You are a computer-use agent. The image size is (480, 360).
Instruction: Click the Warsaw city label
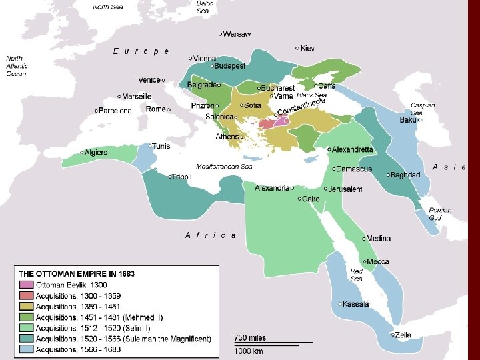pos(237,34)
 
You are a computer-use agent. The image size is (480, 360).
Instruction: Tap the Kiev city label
pos(307,48)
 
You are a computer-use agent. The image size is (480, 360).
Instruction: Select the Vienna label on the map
pos(205,59)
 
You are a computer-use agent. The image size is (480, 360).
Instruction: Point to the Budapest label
pos(229,66)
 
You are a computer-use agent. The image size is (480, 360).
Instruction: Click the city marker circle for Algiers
pos(82,153)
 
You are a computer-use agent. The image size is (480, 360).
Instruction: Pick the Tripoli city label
pos(182,177)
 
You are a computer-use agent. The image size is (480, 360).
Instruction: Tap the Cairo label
pos(311,199)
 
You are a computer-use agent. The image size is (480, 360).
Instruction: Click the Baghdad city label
pos(406,175)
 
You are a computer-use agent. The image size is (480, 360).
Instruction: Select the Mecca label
pos(378,261)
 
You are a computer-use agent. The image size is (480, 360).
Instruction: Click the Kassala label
pos(355,305)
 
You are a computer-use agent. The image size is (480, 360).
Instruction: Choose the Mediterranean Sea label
pos(224,165)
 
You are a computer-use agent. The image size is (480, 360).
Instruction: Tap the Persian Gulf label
pos(440,213)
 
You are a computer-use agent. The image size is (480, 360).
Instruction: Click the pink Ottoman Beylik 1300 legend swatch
pos(25,285)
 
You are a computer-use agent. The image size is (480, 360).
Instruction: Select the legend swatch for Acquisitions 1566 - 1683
pos(25,349)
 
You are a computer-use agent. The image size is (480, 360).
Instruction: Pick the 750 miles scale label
pos(249,338)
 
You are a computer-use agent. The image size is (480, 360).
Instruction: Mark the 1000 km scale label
pos(247,351)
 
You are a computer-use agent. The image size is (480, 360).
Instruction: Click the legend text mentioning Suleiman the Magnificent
pos(123,339)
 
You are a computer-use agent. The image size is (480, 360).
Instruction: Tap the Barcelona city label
pos(115,111)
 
